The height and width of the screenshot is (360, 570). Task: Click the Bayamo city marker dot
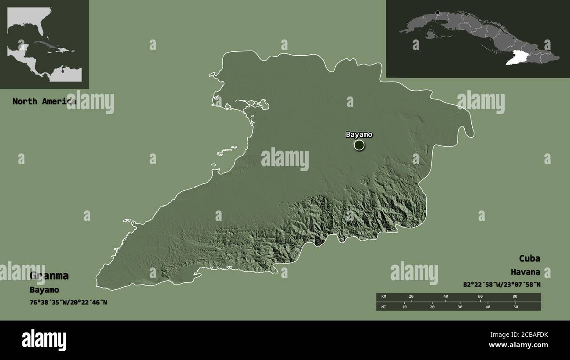pos(359,145)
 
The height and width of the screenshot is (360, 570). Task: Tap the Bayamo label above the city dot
pos(359,134)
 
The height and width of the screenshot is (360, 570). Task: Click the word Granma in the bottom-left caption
pos(49,276)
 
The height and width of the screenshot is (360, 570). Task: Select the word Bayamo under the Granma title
pos(44,290)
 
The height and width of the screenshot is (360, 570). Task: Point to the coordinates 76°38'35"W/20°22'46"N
pos(68,302)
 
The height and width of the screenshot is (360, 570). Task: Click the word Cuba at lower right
pos(530,258)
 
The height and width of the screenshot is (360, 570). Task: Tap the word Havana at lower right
pos(525,272)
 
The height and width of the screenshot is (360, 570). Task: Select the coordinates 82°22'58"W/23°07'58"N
pos(502,285)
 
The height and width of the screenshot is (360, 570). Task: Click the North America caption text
pos(44,101)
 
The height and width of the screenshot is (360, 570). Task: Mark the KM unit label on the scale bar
pos(384,297)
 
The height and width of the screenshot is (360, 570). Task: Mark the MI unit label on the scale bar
pos(384,307)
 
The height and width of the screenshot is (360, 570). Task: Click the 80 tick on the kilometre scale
pos(515,297)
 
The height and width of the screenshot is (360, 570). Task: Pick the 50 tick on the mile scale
pos(516,307)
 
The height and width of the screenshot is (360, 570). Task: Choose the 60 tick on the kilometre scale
pos(480,297)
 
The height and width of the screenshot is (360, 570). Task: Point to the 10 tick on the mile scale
pos(404,307)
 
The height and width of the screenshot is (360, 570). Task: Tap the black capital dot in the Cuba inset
pos(437,13)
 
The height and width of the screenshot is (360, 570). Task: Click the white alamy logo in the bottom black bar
pos(44,340)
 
